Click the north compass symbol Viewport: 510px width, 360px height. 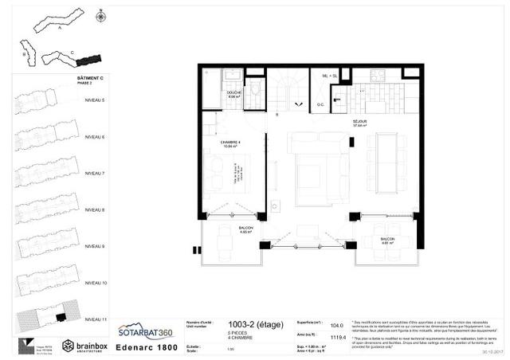tap(100, 16)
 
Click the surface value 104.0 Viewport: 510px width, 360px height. tap(337, 325)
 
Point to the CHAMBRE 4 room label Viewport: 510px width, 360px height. tap(230, 141)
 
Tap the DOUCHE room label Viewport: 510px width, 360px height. tap(233, 92)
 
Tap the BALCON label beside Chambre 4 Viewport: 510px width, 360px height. tap(225, 228)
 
